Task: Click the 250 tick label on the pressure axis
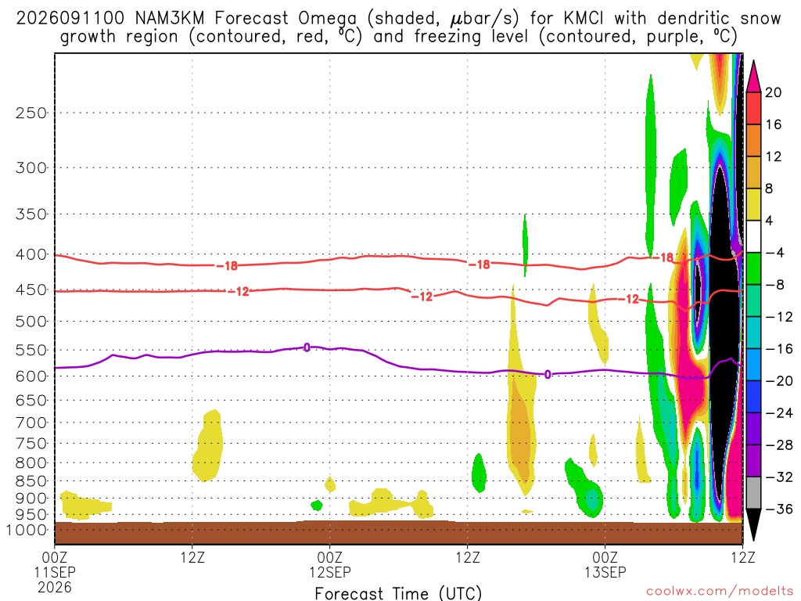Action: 31,113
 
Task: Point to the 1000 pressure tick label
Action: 27,531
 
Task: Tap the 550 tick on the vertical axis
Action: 31,351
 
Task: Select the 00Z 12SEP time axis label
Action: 330,564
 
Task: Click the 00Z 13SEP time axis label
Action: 605,564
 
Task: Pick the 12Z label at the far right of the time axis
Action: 742,557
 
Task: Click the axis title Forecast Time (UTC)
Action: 398,593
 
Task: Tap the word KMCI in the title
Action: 584,19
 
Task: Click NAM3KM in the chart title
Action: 170,19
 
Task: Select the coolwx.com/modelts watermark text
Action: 720,592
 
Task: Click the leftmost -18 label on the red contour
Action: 227,266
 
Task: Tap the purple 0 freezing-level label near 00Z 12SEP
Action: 307,347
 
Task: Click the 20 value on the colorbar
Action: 773,92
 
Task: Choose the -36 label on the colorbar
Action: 778,509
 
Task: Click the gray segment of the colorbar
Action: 753,493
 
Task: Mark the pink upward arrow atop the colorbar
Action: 753,76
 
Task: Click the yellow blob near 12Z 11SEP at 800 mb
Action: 208,446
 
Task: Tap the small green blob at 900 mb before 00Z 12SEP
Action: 317,506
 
